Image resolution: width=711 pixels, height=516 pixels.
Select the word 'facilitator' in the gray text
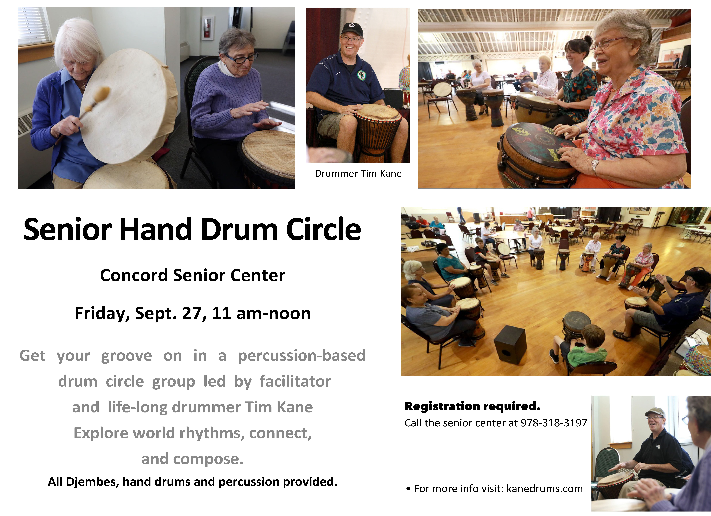pyautogui.click(x=295, y=382)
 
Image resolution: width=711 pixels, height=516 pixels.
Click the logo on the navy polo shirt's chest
pyautogui.click(x=361, y=75)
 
